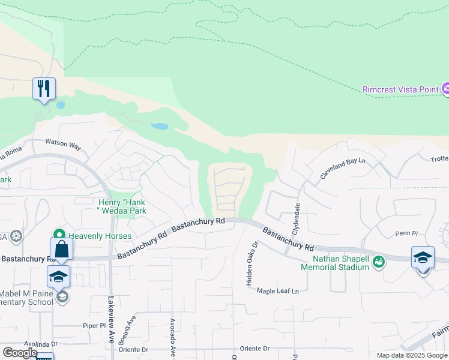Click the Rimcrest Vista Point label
tap(400, 90)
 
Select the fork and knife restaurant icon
tap(44, 89)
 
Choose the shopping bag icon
tap(62, 249)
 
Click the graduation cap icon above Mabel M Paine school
tap(58, 277)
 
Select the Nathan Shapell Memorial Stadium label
tap(340, 263)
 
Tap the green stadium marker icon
tap(378, 261)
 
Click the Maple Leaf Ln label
tap(278, 291)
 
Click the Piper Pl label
tap(94, 325)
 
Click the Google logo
tap(20, 352)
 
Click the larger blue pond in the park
tap(159, 127)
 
